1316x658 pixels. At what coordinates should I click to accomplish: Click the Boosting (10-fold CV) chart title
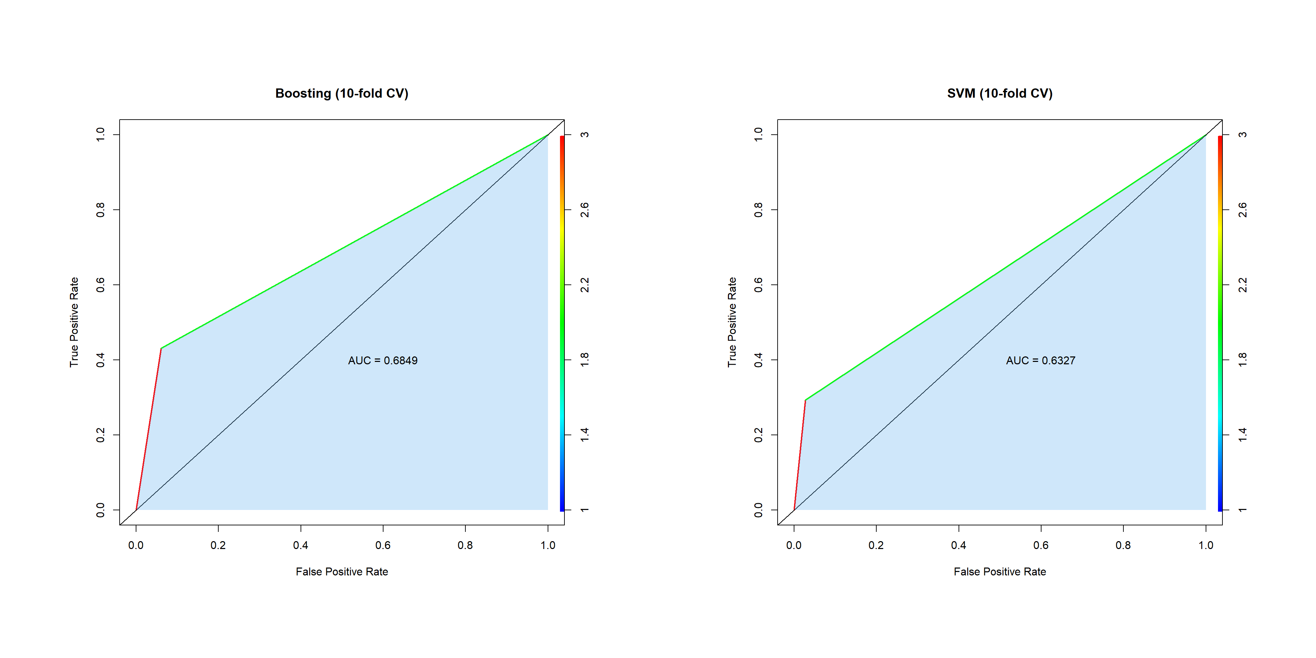point(342,94)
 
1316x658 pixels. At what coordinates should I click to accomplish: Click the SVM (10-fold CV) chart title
point(1000,94)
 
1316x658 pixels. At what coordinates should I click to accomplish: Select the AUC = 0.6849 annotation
point(383,361)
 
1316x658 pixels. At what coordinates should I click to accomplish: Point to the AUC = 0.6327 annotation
point(1041,361)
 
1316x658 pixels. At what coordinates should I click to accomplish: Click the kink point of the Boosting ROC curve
point(161,349)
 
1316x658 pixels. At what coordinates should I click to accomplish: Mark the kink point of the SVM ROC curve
point(805,401)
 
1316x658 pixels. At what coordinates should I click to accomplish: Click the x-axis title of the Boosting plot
point(342,572)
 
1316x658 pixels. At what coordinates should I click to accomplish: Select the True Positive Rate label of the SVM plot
point(732,322)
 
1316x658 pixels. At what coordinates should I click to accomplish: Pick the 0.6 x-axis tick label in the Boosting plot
point(383,546)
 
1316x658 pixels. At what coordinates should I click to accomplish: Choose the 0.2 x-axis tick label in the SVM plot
point(876,546)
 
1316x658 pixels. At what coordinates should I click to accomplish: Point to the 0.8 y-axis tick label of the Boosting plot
point(101,209)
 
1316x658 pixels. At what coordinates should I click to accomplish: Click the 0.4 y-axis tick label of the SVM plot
point(759,360)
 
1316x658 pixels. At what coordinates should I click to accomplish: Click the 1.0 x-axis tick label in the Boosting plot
point(548,546)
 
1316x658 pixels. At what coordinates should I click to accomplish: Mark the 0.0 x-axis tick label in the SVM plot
point(794,546)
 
